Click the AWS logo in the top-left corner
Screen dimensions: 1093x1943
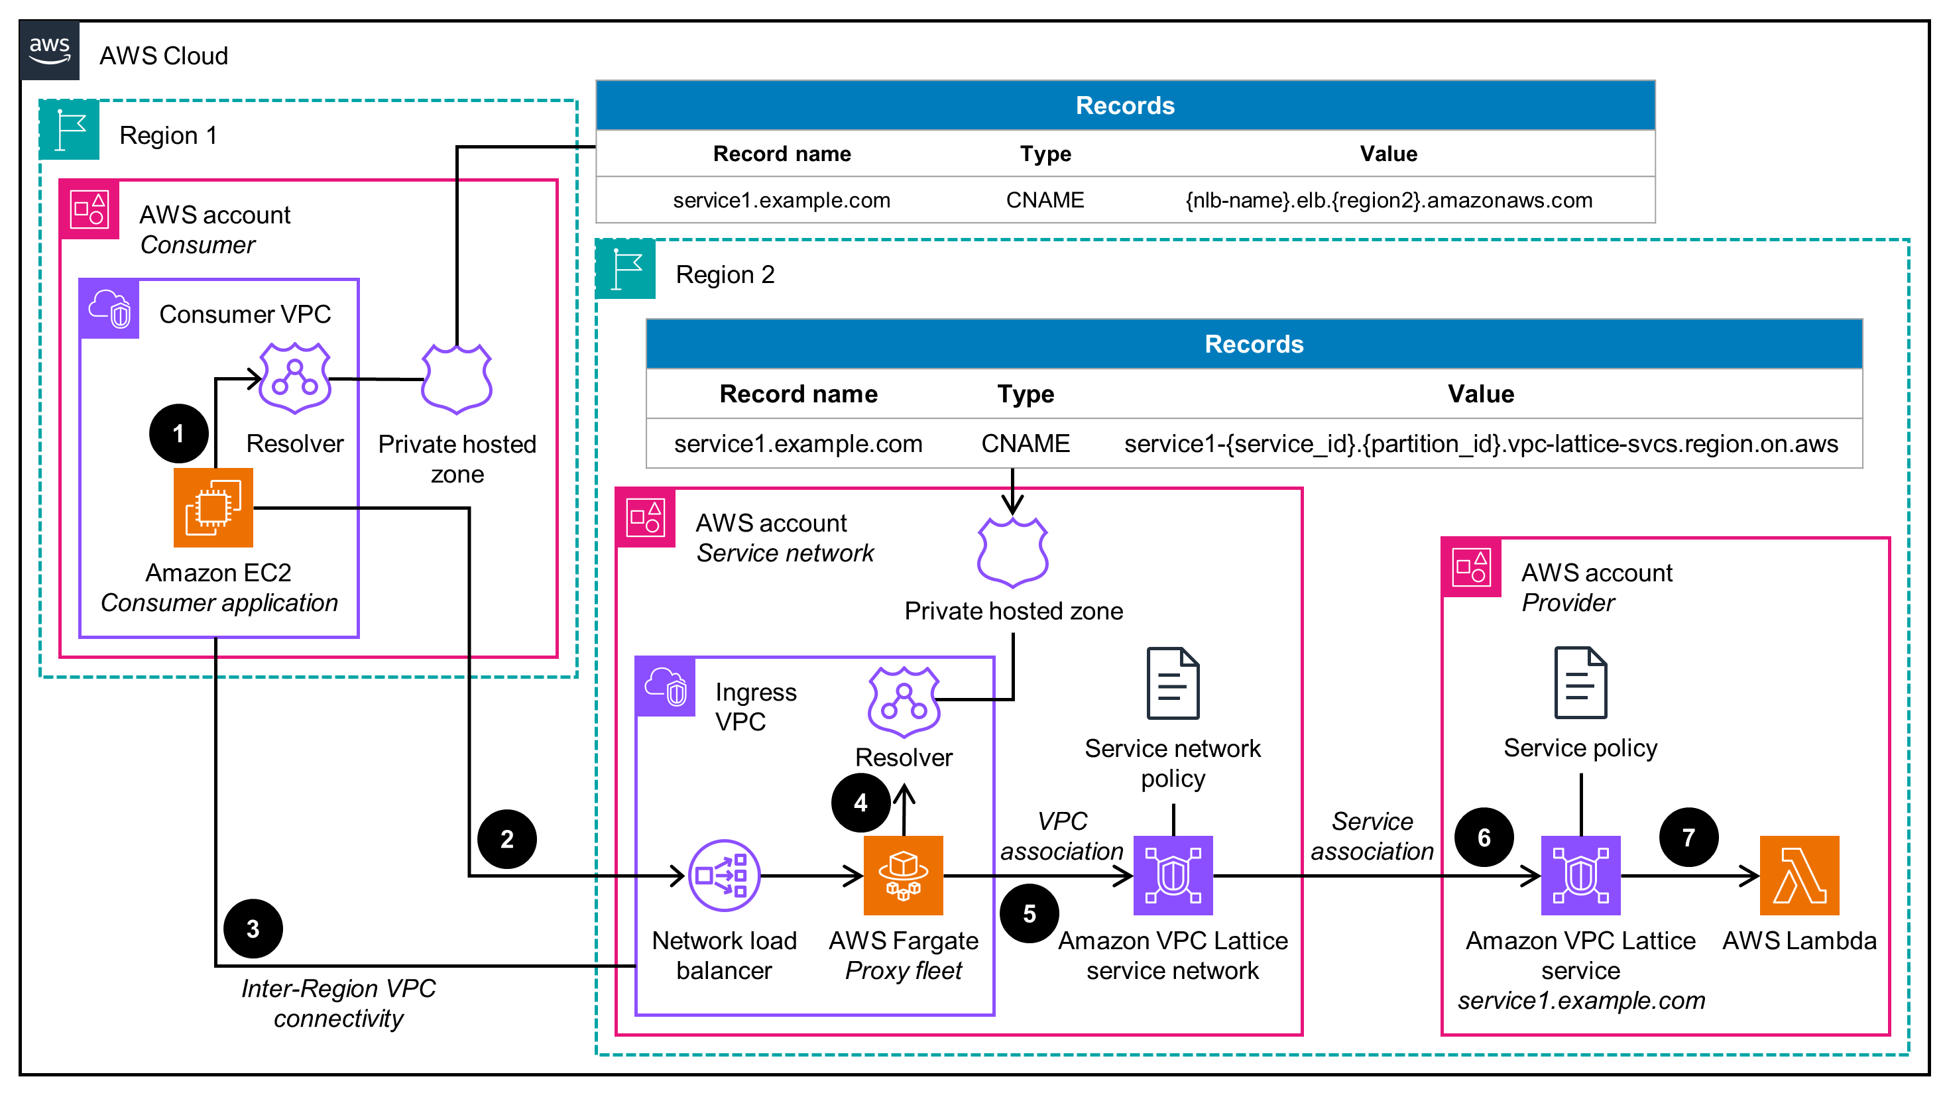pos(49,50)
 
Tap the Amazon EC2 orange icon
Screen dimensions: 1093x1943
pos(213,508)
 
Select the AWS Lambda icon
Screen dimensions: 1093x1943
pos(1799,875)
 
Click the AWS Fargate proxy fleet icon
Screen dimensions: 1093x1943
pos(903,875)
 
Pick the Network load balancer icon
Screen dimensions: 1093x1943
pos(724,875)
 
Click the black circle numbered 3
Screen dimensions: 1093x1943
pos(253,929)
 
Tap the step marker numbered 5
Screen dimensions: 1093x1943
pos(1029,913)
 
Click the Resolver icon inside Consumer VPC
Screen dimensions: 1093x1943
pos(295,378)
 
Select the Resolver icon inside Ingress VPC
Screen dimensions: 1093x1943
pos(904,701)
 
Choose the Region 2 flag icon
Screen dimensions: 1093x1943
pos(625,269)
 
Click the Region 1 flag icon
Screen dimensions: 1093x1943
pos(70,130)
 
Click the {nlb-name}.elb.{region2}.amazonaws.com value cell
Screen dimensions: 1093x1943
pos(1389,200)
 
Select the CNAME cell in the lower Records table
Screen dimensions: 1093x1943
pos(1025,443)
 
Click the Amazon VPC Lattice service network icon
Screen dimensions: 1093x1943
pos(1173,875)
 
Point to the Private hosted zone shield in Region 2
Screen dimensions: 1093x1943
pos(1012,552)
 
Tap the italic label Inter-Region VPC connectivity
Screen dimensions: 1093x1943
pos(339,1004)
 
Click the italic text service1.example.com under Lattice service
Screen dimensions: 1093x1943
pos(1581,1000)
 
